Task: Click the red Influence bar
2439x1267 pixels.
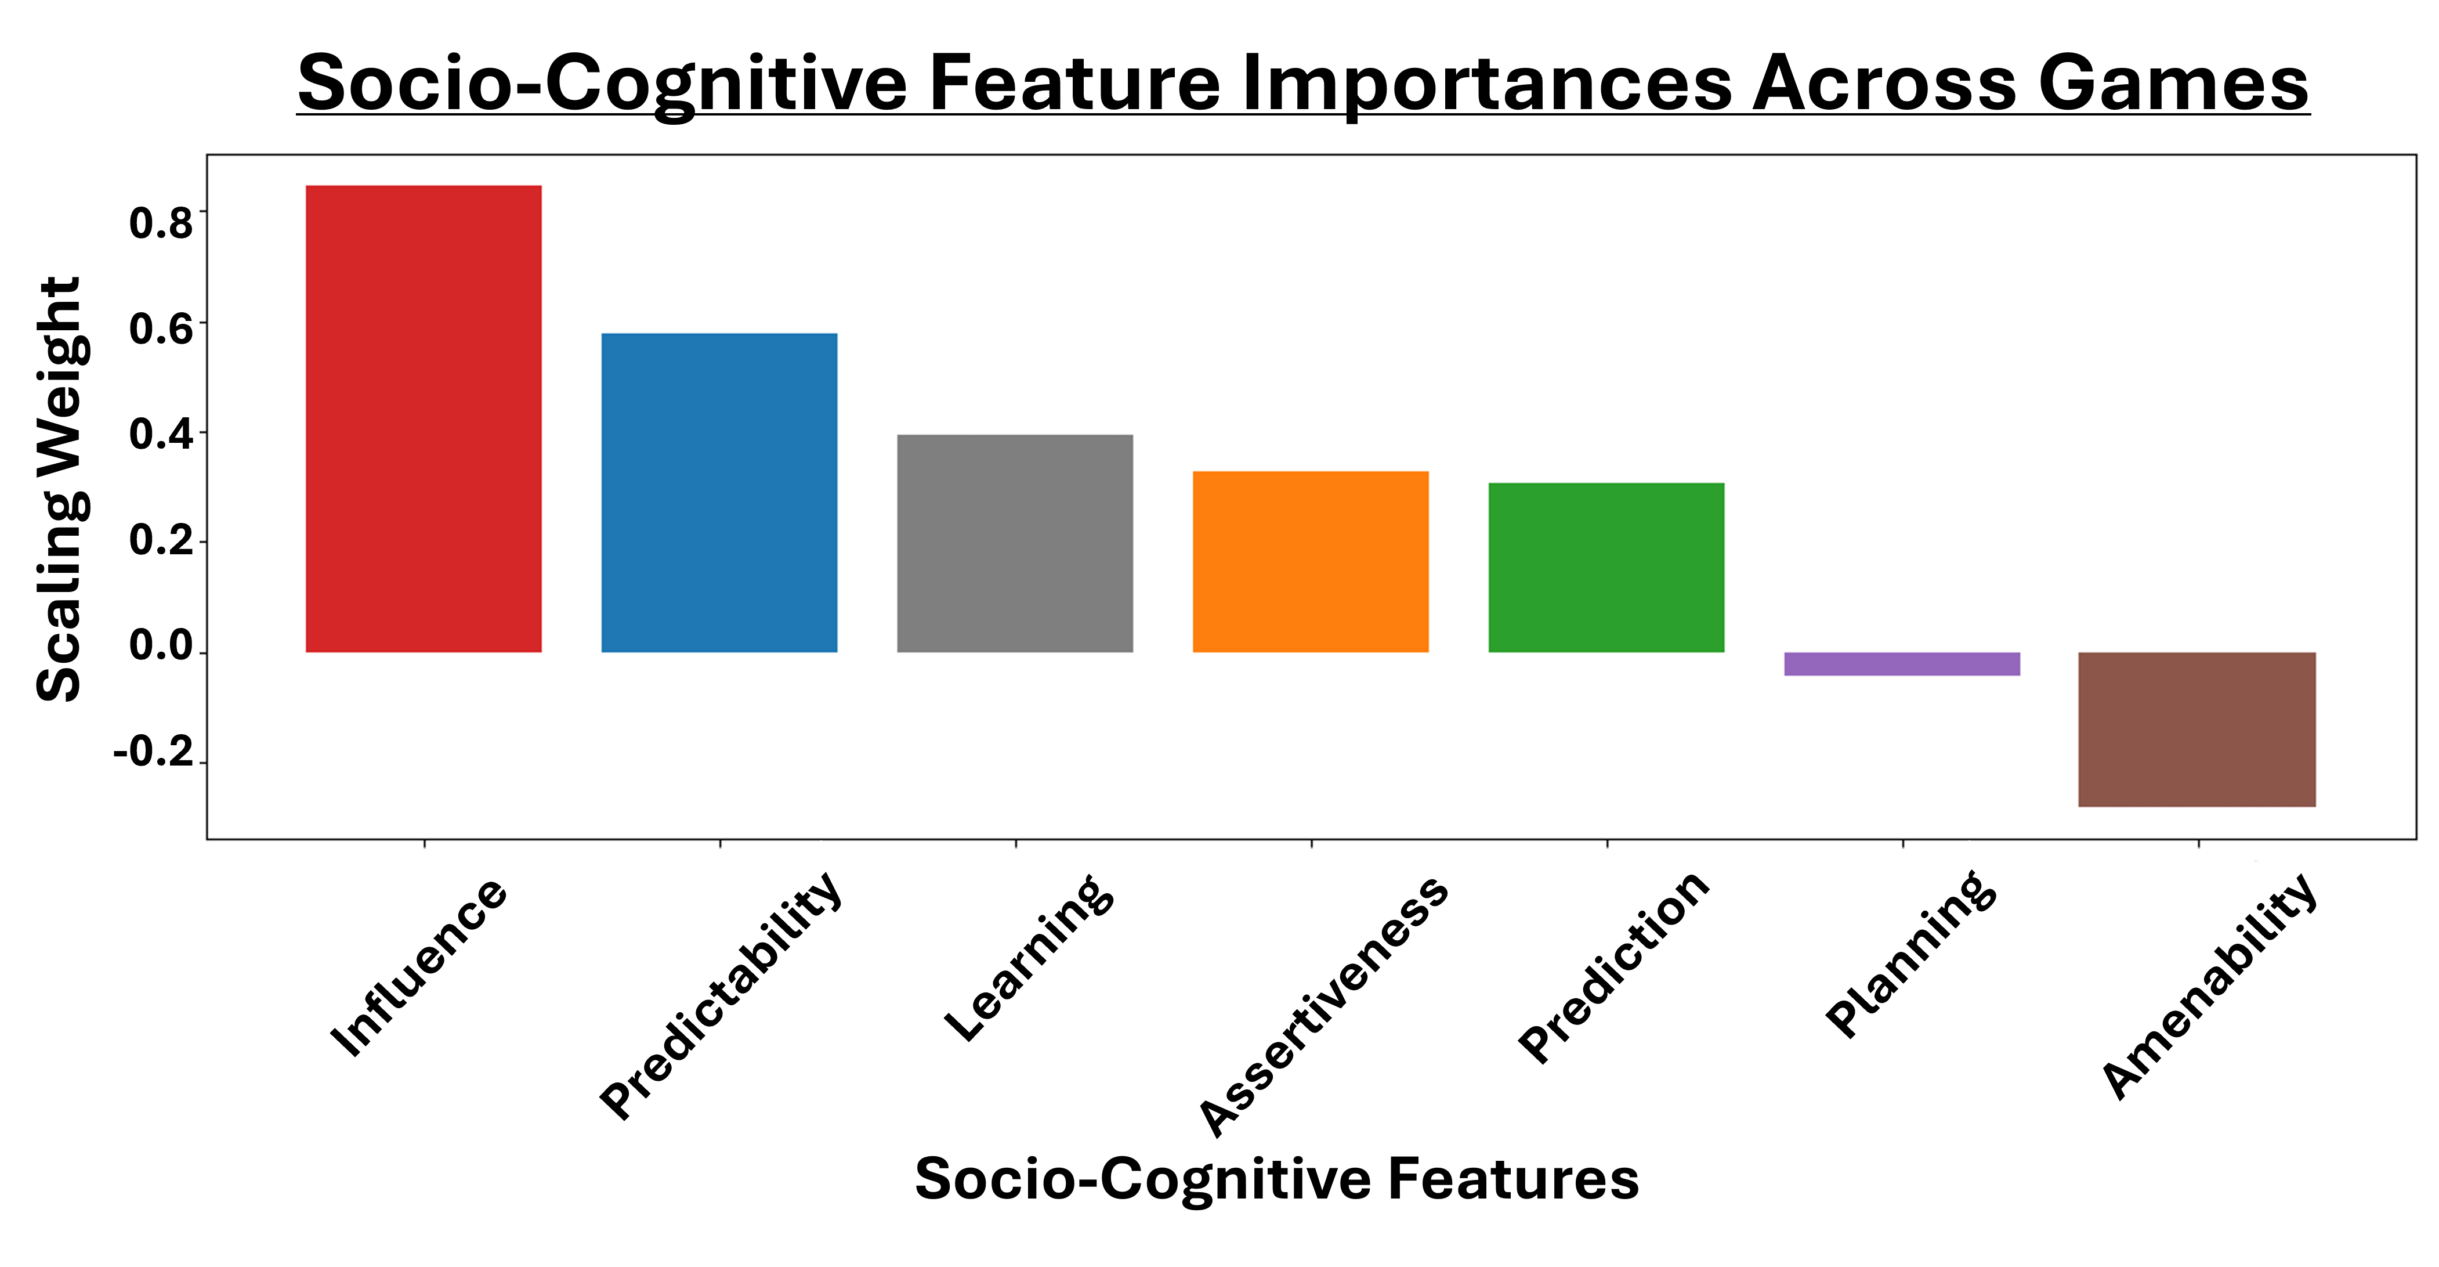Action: point(423,418)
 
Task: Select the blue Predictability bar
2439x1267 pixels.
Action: point(719,492)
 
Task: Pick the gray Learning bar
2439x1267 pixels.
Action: point(1015,544)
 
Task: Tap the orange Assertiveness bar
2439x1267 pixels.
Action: point(1311,562)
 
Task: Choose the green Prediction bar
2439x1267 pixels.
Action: point(1606,567)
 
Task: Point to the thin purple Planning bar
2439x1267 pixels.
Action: point(1902,664)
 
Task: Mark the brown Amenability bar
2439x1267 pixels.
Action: point(2198,729)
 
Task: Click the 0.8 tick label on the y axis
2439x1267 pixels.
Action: point(161,223)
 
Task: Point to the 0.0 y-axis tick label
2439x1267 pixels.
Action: point(161,646)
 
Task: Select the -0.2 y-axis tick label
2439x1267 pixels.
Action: point(153,753)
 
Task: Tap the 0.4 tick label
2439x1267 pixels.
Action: point(161,435)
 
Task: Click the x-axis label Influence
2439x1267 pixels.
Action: point(418,967)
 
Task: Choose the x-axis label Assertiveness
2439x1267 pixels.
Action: point(1323,1006)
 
